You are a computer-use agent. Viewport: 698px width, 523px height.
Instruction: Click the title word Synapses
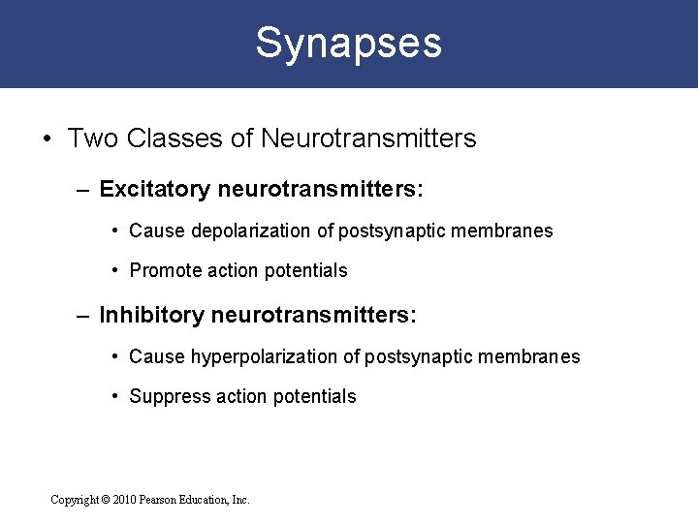point(348,43)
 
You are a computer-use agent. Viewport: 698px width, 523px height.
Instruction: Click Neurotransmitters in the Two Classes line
point(368,138)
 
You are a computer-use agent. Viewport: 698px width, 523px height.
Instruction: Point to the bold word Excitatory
point(154,189)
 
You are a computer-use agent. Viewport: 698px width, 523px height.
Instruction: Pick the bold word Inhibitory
point(150,315)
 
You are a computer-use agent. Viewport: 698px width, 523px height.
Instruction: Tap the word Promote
point(162,271)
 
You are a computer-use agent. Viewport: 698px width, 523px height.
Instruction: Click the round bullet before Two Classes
point(48,139)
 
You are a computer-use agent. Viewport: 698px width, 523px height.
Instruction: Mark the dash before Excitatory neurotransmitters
point(83,189)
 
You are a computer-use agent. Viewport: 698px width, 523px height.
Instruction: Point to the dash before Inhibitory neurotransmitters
point(83,315)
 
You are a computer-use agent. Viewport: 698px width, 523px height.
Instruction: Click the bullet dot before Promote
point(116,270)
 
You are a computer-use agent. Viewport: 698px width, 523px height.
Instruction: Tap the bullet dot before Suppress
point(116,395)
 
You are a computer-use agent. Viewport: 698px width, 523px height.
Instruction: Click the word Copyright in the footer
point(74,500)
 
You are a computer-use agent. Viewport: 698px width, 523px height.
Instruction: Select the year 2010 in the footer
point(125,500)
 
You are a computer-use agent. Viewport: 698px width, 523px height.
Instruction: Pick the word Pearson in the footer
point(160,500)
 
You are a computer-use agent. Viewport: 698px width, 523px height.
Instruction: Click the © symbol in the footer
point(105,500)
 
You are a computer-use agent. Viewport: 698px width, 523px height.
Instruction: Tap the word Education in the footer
point(206,500)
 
